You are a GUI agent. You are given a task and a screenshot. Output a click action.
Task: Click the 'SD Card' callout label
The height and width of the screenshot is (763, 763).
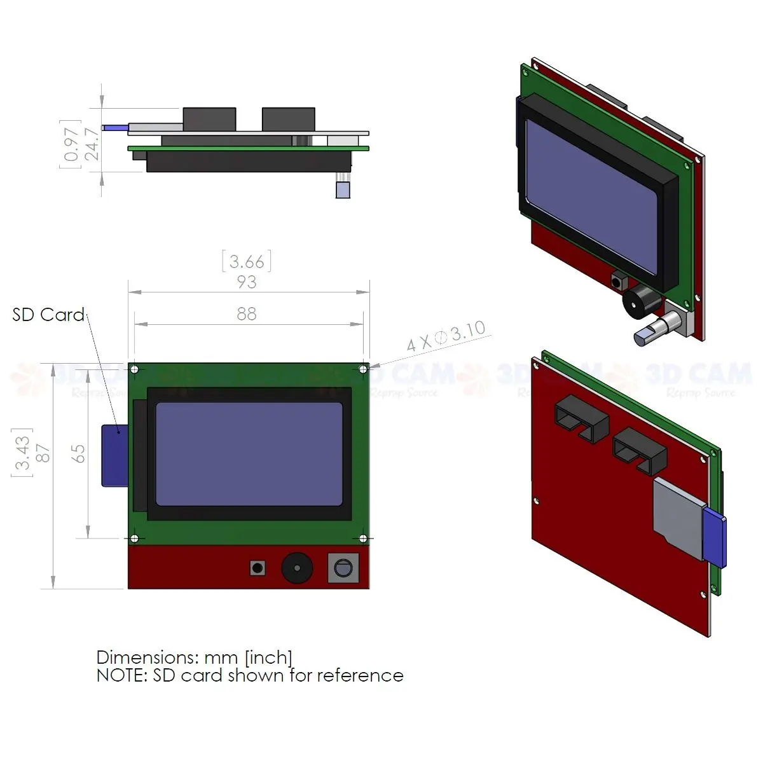(x=48, y=315)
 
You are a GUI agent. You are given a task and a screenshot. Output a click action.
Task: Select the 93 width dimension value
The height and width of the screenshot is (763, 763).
(x=247, y=282)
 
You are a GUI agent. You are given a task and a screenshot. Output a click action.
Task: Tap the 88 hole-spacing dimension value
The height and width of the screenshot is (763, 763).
(x=247, y=313)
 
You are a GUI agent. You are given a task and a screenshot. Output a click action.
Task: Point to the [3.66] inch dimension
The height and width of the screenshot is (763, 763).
(x=247, y=261)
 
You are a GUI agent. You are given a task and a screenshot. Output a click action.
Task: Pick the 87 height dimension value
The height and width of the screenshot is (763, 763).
(x=43, y=453)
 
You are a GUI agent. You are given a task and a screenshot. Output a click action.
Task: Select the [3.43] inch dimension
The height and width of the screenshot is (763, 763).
(x=22, y=453)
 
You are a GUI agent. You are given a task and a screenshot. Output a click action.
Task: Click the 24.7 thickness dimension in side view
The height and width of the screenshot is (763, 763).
(x=92, y=144)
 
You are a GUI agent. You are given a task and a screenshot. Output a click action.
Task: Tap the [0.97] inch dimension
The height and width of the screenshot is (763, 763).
(x=71, y=144)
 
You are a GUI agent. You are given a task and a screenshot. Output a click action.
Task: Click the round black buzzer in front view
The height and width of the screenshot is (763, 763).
(x=297, y=567)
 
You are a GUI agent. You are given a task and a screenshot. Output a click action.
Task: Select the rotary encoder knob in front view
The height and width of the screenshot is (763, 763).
(x=343, y=568)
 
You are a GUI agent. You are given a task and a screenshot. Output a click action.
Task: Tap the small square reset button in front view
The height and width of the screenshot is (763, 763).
(x=258, y=568)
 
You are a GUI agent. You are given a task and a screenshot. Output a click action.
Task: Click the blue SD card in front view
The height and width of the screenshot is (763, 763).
(x=114, y=455)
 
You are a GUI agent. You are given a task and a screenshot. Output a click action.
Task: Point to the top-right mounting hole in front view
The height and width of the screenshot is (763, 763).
(x=363, y=369)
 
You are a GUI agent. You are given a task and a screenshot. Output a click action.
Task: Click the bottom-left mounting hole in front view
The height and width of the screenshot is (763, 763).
(x=134, y=539)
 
